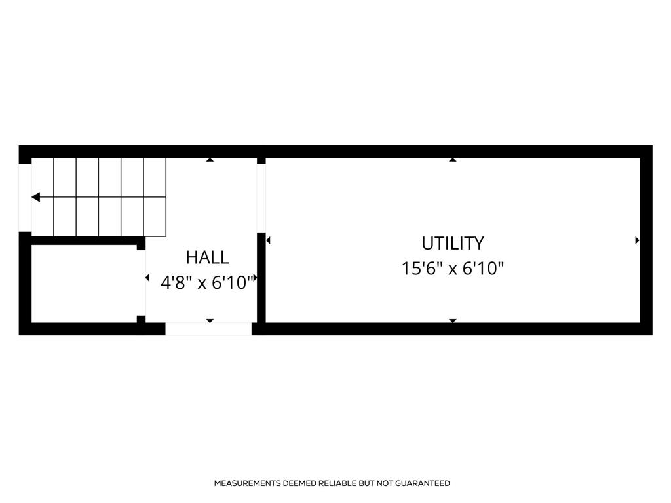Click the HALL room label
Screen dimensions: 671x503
click(207, 257)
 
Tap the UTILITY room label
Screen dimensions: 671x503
click(453, 244)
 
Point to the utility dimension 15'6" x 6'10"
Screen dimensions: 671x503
click(453, 269)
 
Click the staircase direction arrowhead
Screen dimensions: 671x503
click(36, 197)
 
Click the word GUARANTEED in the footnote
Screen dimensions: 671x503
click(423, 483)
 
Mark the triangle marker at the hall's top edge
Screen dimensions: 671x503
click(210, 160)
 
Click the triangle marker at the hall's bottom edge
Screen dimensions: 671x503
click(210, 320)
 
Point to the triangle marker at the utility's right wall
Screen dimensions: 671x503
click(637, 240)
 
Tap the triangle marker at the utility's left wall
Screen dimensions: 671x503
click(268, 240)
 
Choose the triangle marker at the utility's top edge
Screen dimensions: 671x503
click(453, 160)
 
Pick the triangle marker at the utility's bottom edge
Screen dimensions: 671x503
click(453, 320)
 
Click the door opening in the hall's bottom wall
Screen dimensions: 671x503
click(208, 329)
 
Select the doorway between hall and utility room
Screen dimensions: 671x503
click(261, 198)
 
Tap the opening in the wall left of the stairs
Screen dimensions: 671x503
click(26, 198)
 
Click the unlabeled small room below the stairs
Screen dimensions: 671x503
click(85, 284)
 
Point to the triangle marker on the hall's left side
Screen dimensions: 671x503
click(147, 278)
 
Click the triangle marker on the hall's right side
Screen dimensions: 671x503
click(255, 278)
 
